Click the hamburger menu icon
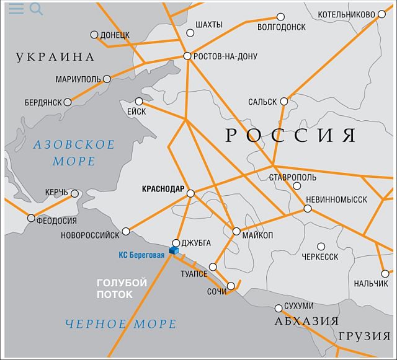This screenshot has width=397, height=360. (16, 9)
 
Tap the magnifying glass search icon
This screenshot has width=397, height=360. (36, 9)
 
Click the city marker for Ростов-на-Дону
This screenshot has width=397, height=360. (187, 56)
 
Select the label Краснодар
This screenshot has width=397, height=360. (163, 188)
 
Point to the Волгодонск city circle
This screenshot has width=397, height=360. (281, 17)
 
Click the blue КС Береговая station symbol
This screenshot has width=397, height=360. (174, 250)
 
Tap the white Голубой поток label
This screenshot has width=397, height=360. (122, 288)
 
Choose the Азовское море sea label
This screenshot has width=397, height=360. (74, 153)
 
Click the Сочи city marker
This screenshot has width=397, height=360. (231, 286)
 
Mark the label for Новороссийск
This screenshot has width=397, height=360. (91, 235)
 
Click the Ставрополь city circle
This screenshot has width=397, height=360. (297, 185)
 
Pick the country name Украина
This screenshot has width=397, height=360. (56, 57)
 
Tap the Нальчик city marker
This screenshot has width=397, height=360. (385, 273)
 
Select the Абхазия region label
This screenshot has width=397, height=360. (306, 321)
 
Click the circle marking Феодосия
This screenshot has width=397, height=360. (32, 218)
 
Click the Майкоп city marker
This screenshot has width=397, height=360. (236, 231)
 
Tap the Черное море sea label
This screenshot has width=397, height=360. (121, 323)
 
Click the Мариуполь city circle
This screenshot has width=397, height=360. (107, 79)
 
